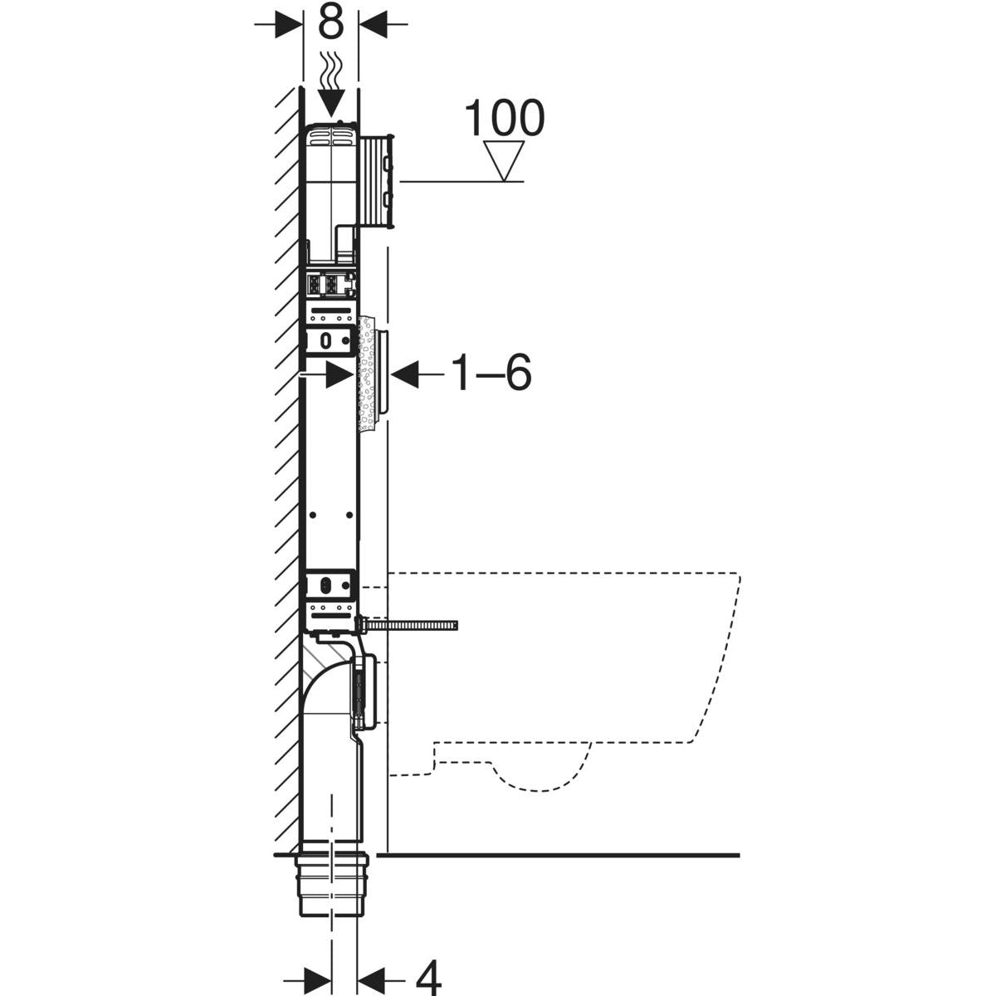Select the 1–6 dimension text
[x=491, y=374]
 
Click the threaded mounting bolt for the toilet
[x=411, y=623]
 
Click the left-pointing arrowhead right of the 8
[x=373, y=24]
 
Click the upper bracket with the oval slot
[x=330, y=339]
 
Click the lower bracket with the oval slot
[x=330, y=585]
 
